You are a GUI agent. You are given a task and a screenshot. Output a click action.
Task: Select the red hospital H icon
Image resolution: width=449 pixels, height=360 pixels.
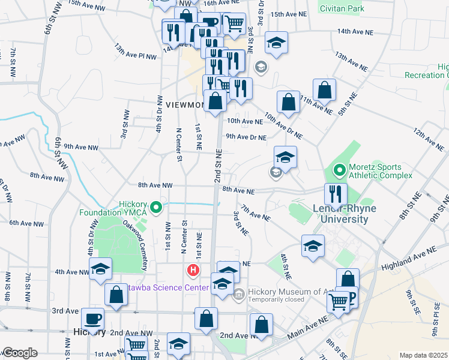(193, 270)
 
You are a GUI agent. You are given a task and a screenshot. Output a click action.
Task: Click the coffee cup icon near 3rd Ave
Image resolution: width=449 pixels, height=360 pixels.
(92, 318)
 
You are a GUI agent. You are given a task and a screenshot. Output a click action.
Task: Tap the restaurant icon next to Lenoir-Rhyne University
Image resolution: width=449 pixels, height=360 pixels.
(336, 193)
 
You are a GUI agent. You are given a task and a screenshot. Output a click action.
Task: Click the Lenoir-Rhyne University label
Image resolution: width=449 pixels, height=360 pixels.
(340, 214)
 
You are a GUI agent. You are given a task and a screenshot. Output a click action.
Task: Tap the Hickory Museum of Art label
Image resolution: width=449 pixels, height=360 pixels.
(283, 292)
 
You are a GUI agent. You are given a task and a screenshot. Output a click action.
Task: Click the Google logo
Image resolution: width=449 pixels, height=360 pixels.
(20, 352)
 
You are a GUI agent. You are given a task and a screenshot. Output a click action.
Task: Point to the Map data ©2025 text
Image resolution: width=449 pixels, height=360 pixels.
(423, 355)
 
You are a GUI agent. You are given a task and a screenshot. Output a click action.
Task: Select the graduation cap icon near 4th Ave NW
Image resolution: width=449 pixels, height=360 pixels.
(100, 268)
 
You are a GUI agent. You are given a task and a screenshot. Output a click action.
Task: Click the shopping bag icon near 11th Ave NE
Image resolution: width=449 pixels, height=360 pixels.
(324, 90)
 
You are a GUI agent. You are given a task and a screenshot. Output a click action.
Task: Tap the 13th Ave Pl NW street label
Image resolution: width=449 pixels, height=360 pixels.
(135, 51)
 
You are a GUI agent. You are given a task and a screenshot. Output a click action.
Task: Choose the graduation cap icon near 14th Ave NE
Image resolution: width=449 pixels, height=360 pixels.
(276, 43)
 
